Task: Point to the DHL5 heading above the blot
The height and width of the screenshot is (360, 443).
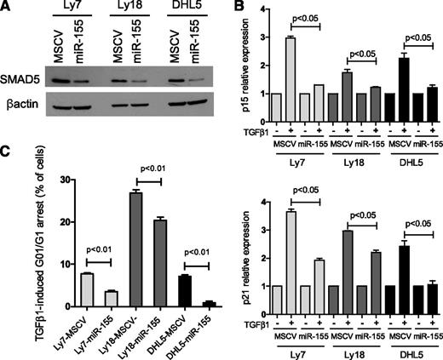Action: pyautogui.click(x=181, y=11)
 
